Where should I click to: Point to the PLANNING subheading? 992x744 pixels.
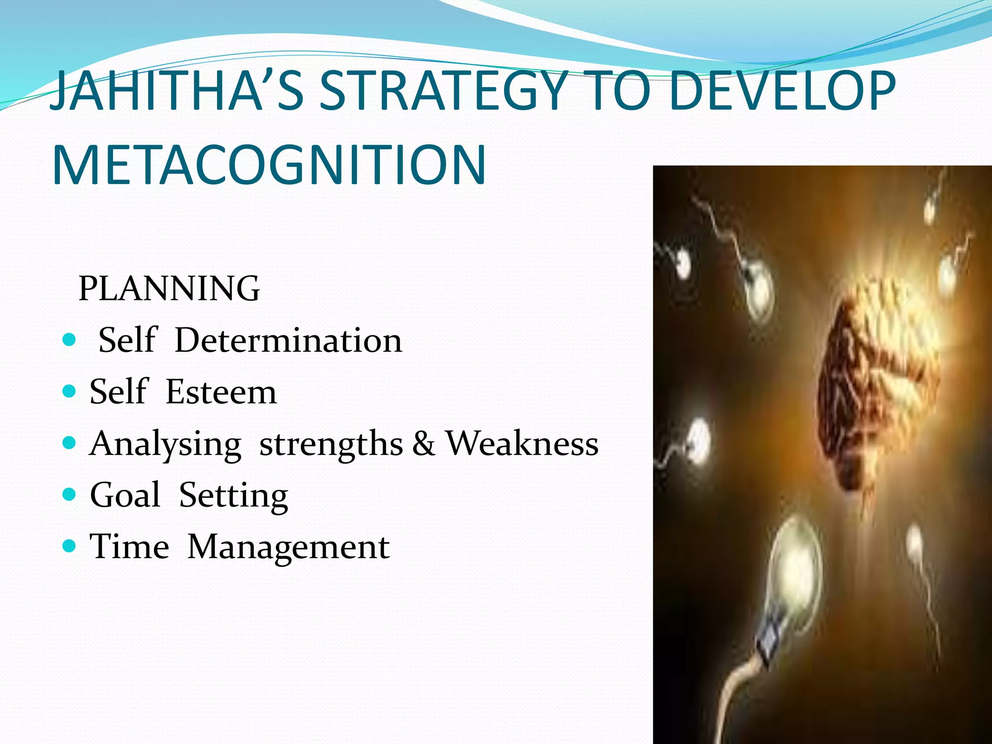pos(169,289)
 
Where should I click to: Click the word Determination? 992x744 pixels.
pos(288,340)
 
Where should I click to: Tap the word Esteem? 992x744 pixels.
pos(221,391)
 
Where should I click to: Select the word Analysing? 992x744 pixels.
pos(165,444)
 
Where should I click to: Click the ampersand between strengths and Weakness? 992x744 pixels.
pos(424,443)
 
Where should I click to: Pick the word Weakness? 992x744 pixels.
pos(522,443)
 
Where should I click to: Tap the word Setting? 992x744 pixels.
pos(233,496)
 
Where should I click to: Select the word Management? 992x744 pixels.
pos(288,547)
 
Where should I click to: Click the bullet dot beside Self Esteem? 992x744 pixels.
pos(70,391)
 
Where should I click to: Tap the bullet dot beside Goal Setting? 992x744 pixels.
pos(70,494)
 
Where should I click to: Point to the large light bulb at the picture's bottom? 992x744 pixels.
pos(794,581)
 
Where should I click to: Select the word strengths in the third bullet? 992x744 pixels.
pos(331,444)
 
